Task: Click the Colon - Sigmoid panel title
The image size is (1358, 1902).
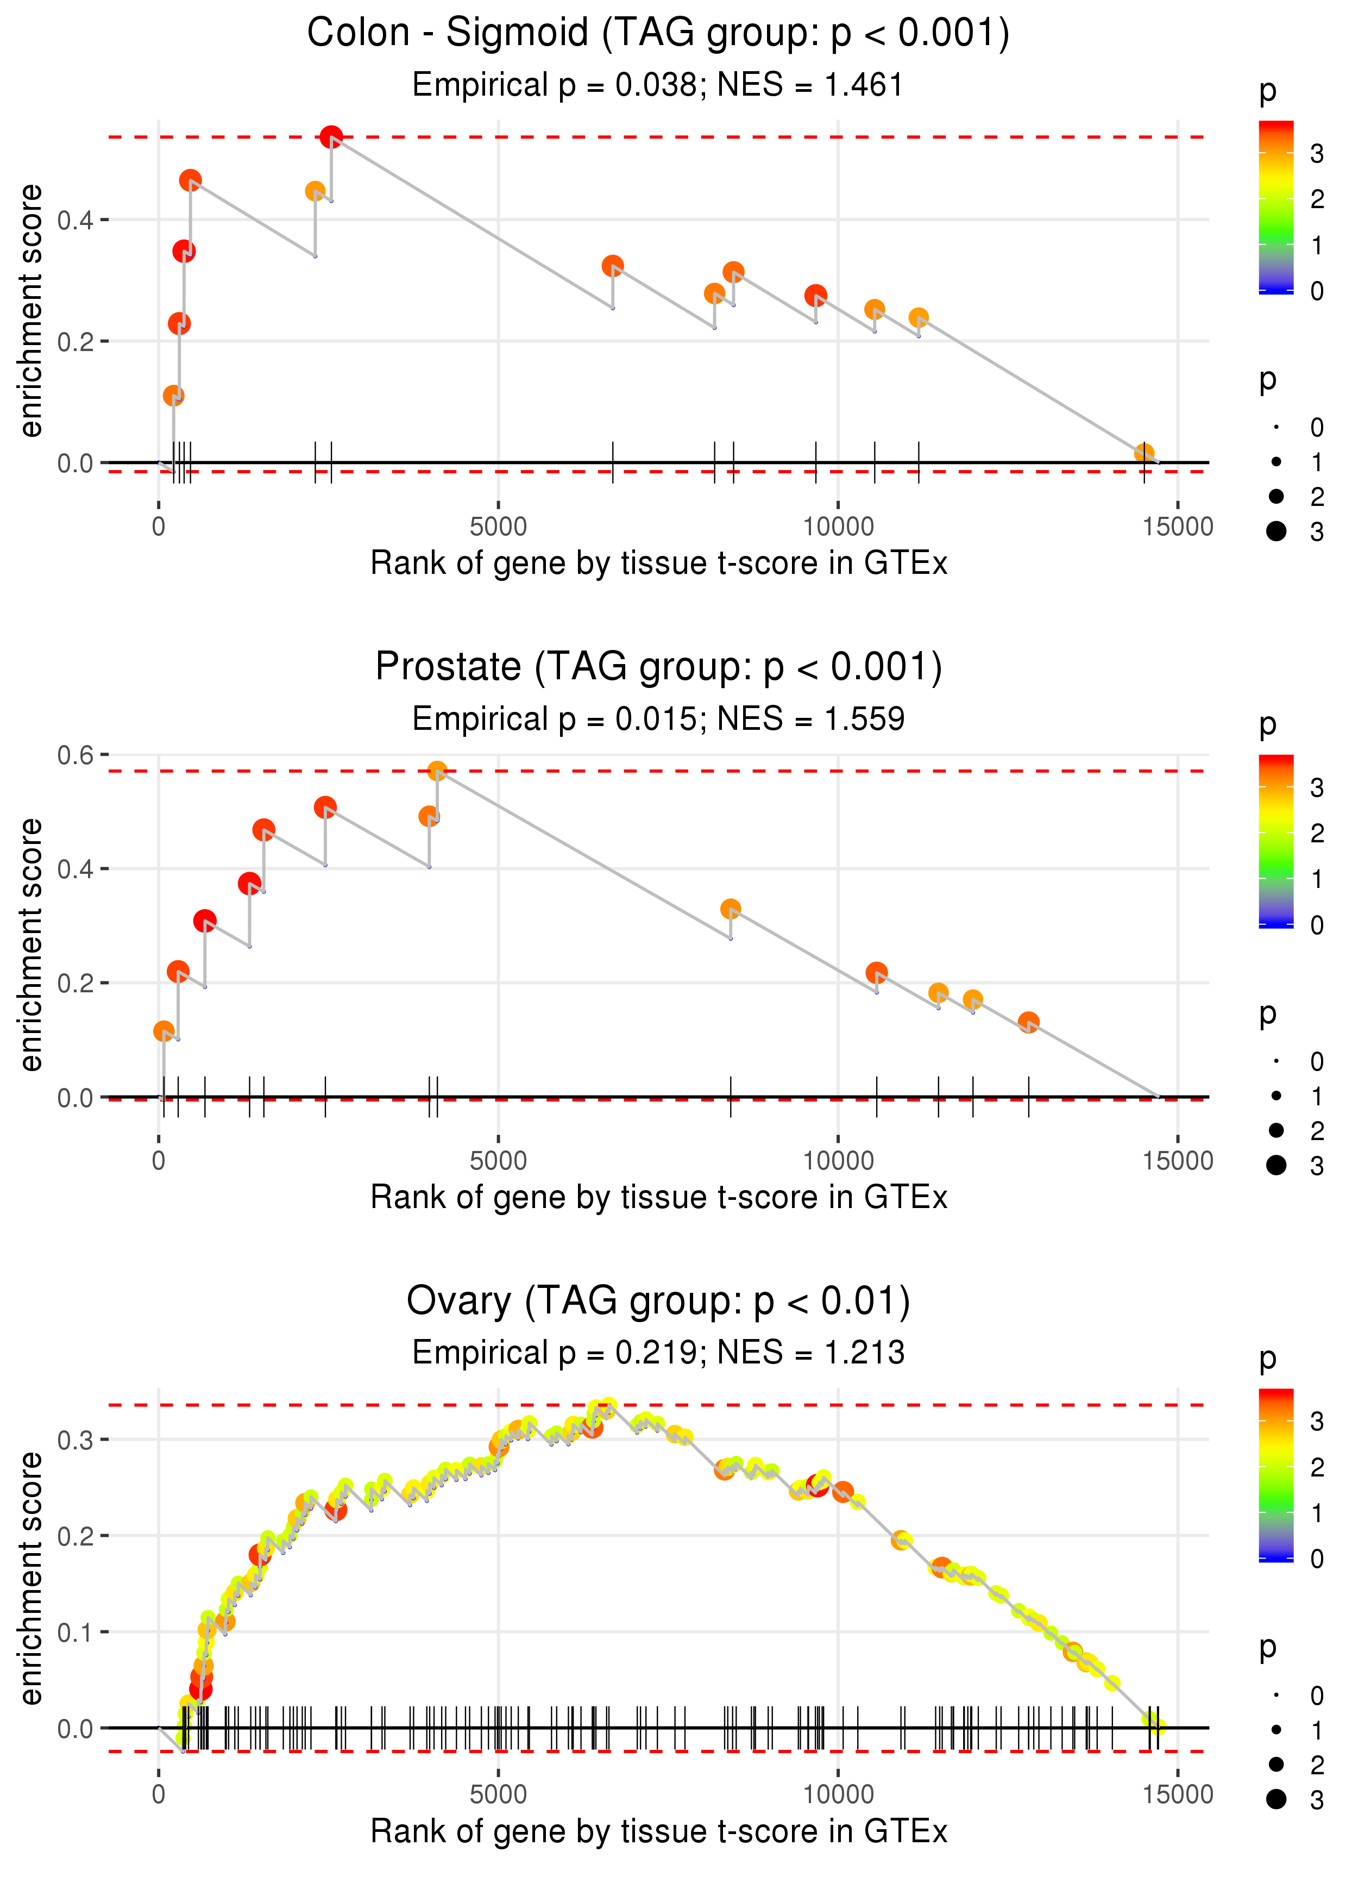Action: pyautogui.click(x=658, y=34)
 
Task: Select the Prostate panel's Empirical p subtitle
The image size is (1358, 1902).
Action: pyautogui.click(x=658, y=719)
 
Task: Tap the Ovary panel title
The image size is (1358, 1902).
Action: pyautogui.click(x=658, y=1302)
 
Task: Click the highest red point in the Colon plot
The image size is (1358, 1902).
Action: pyautogui.click(x=331, y=136)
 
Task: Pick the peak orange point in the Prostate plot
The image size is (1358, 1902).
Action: pyautogui.click(x=437, y=771)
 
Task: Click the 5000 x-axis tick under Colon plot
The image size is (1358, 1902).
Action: pyautogui.click(x=498, y=527)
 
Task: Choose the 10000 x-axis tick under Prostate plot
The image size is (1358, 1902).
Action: pyautogui.click(x=838, y=1161)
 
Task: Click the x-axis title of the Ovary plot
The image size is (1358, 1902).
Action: pyautogui.click(x=658, y=1832)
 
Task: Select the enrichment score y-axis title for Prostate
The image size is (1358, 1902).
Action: pyautogui.click(x=31, y=944)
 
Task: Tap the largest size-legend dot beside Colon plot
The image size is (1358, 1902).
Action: pyautogui.click(x=1276, y=531)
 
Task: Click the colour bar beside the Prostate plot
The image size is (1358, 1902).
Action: pyautogui.click(x=1276, y=841)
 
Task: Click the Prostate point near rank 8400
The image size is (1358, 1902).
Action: pyautogui.click(x=731, y=909)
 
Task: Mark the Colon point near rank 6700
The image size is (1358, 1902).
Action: pyautogui.click(x=613, y=266)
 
